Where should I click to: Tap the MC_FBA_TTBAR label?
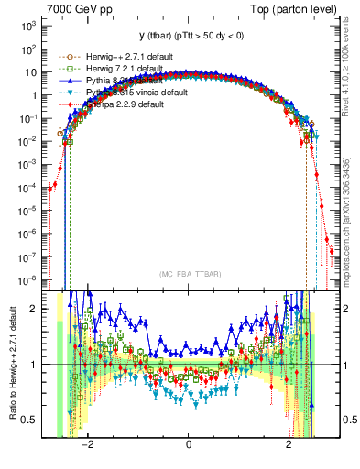point(189,274)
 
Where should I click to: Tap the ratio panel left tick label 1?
point(35,365)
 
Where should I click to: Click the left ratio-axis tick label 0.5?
point(30,420)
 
